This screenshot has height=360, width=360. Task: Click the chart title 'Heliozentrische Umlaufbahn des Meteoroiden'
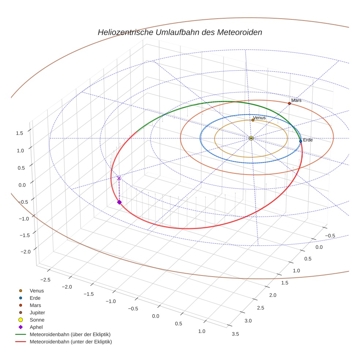tap(180, 32)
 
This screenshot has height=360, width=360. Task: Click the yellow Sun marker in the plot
tap(251, 138)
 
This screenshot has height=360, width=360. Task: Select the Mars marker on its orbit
tap(289, 104)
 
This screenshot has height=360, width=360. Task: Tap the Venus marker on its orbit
tap(253, 120)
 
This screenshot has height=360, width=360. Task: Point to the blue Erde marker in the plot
tap(300, 141)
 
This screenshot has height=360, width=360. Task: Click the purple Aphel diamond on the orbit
tap(119, 202)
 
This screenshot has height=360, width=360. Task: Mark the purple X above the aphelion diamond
tap(119, 178)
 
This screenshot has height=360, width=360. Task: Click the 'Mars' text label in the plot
tap(296, 100)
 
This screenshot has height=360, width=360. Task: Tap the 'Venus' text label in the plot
tap(259, 118)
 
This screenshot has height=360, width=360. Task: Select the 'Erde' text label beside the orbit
tap(308, 140)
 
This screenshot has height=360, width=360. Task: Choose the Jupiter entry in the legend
tap(37, 312)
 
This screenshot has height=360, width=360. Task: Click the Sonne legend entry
tap(37, 320)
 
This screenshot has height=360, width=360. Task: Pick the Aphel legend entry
tap(36, 327)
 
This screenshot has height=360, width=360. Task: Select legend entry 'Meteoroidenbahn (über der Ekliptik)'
tap(70, 334)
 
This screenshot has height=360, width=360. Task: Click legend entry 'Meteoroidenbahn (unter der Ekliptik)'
tap(71, 342)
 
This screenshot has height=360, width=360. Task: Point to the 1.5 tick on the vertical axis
tap(20, 133)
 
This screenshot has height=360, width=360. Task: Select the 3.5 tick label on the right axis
tap(235, 334)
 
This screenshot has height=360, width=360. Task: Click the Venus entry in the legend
tap(37, 290)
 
